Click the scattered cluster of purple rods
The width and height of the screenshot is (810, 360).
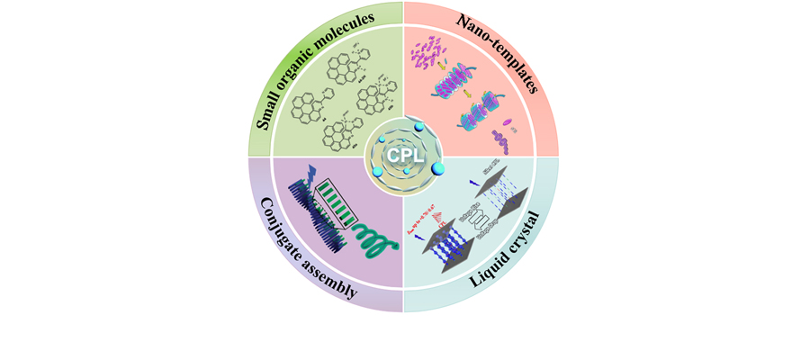click(428, 51)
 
